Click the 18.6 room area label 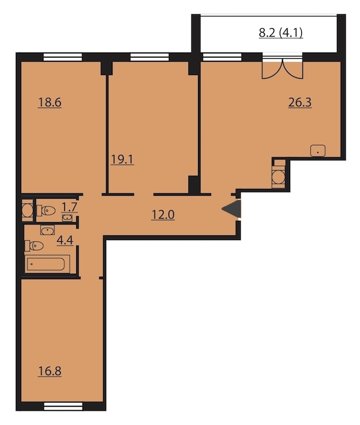[x=50, y=103]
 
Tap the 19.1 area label [x=122, y=160]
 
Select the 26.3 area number [x=300, y=103]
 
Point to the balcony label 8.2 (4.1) [x=281, y=33]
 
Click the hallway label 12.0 [x=163, y=215]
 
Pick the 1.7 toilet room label [x=70, y=207]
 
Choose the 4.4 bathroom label [x=65, y=240]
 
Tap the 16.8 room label [x=50, y=371]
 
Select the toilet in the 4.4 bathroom [x=34, y=246]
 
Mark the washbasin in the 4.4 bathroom [x=47, y=230]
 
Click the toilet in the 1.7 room [x=46, y=210]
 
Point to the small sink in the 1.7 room [x=67, y=218]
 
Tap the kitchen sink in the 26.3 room [x=318, y=151]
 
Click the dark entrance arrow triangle [x=232, y=209]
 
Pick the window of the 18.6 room [x=63, y=56]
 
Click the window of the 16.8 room [x=63, y=406]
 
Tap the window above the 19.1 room [x=149, y=56]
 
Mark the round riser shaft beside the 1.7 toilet [x=28, y=211]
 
